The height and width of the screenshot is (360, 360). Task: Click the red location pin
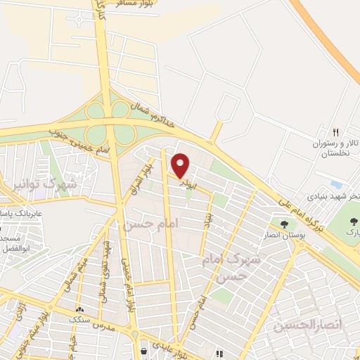(181, 166)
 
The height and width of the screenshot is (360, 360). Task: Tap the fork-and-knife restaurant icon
(335, 132)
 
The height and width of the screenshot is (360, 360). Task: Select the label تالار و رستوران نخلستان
(335, 148)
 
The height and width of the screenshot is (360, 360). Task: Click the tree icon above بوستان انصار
(284, 225)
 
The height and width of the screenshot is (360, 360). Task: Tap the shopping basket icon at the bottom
(143, 349)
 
